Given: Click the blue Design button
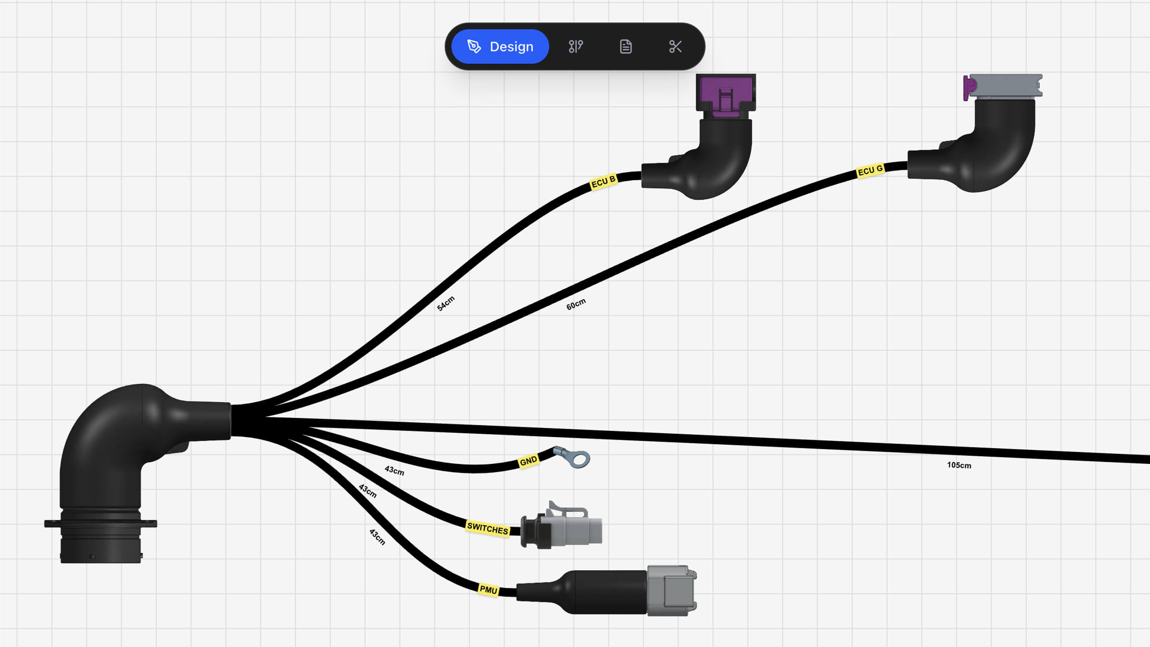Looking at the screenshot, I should point(500,46).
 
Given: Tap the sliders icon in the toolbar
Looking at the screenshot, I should point(575,46).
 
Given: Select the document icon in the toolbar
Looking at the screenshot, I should point(625,46).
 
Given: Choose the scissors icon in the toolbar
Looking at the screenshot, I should point(675,46).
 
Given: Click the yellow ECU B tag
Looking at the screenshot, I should point(603,182).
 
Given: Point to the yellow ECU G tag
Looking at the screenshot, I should point(870,170).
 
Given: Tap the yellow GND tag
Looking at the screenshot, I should point(528,461).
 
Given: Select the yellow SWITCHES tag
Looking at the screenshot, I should point(487,528).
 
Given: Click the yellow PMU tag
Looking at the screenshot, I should point(489,589).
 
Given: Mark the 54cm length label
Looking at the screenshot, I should point(446,303).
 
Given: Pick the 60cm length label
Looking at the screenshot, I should point(576,304).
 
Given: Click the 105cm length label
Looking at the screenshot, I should point(959,465).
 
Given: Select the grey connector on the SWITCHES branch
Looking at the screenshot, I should point(571,527).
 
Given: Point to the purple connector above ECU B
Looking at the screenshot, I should point(726,94).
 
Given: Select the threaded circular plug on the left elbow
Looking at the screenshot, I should point(101,537).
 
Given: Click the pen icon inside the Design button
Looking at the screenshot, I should point(474,46).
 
